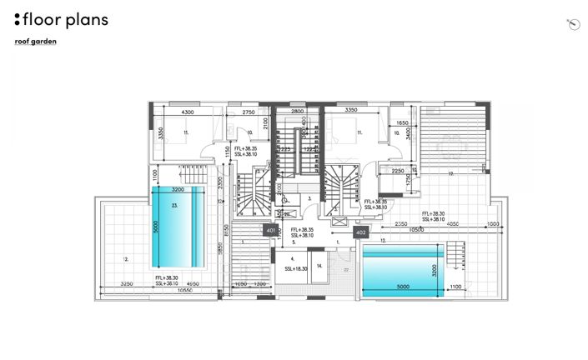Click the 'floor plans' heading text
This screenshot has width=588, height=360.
(x=66, y=19)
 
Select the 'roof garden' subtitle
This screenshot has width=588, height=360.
(x=36, y=42)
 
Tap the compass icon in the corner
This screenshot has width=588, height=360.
(x=572, y=25)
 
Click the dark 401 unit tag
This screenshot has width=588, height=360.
(x=270, y=228)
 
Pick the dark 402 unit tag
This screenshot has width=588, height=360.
(x=360, y=232)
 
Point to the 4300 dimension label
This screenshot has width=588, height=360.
(x=188, y=111)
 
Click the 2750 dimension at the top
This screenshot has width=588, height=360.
(x=248, y=111)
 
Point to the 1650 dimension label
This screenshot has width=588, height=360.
(x=402, y=122)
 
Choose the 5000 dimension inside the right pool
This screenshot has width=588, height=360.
(x=403, y=287)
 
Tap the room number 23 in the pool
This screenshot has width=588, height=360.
(x=175, y=204)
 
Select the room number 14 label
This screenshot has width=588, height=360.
(x=319, y=266)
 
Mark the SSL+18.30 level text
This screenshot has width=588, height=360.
(x=296, y=269)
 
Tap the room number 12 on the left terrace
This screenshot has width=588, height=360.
(x=126, y=260)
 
